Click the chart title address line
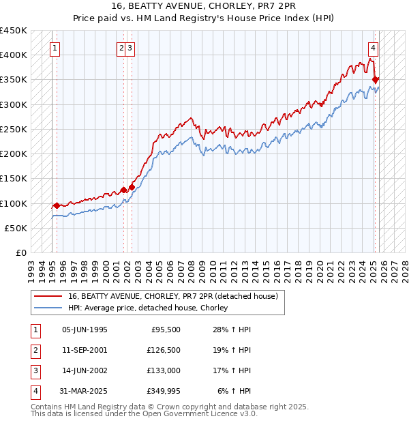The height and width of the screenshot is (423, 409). click(204, 6)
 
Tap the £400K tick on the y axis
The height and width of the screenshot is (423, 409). click(14, 55)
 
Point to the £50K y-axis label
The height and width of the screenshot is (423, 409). click(16, 228)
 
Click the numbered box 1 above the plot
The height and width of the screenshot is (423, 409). click(54, 48)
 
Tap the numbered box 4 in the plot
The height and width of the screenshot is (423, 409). click(374, 48)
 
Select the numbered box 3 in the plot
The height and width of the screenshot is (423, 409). click(130, 48)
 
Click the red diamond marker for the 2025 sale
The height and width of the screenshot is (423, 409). click(375, 80)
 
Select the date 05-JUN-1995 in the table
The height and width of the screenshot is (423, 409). click(85, 330)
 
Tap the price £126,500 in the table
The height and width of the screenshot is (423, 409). click(163, 350)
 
